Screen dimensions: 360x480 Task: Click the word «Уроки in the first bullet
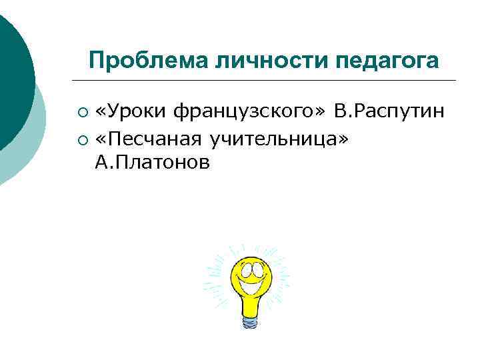pos(131,110)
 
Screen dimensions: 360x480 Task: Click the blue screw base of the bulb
pos(251,322)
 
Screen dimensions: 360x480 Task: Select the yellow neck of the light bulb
pos(251,307)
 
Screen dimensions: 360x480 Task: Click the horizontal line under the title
pos(267,81)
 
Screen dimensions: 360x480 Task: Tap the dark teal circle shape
pos(12,73)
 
